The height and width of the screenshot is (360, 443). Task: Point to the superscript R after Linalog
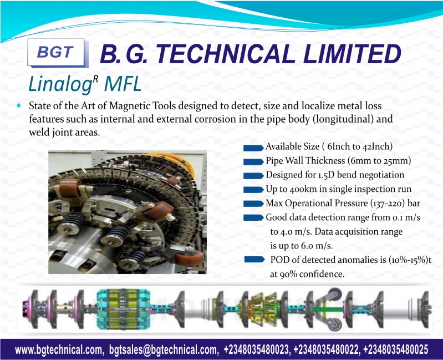pos(95,79)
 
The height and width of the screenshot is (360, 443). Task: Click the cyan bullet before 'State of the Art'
pos(19,106)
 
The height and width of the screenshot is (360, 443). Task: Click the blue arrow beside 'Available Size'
pos(253,148)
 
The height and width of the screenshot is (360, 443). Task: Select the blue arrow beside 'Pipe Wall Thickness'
pos(253,162)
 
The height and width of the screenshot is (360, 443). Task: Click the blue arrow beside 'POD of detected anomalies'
pos(254,260)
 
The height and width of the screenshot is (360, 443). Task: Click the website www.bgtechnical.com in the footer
pos(59,350)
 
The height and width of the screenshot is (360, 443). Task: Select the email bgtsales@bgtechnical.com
pos(164,350)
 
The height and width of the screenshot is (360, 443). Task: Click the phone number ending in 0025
pos(395,349)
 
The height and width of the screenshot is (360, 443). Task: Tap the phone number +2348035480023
pos(257,349)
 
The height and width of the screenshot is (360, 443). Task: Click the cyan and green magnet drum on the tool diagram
pos(123,309)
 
